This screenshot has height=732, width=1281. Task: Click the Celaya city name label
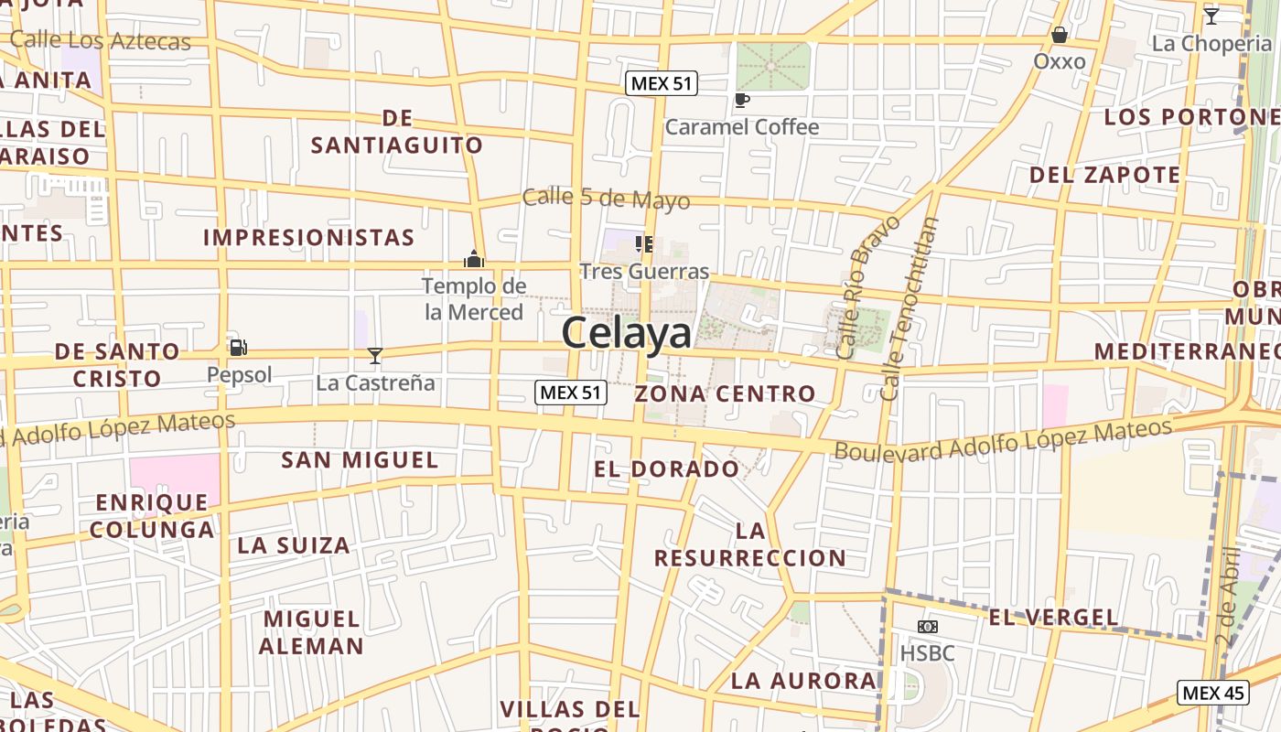(627, 333)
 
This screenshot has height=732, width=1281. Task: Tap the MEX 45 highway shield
(1212, 693)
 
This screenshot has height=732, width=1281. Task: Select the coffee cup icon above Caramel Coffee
(741, 100)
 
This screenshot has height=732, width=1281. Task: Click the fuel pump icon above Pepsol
(238, 348)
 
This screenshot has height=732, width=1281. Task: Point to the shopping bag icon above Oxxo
(1059, 35)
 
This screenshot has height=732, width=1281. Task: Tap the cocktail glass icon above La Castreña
(374, 356)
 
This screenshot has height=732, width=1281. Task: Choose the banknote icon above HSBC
(927, 627)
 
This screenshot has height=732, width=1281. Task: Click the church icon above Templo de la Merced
(473, 259)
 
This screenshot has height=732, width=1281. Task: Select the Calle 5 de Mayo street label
(606, 199)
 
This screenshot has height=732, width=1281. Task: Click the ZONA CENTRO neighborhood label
(725, 394)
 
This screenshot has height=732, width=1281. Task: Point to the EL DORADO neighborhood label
(666, 469)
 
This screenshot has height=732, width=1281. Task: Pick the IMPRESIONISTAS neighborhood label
(308, 238)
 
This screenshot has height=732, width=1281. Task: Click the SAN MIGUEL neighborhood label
(360, 459)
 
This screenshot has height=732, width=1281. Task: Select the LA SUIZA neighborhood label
(294, 546)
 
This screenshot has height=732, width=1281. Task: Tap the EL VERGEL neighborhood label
(1054, 618)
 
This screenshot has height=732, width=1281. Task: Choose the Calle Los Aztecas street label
(100, 40)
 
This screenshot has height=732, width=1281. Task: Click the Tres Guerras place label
(644, 272)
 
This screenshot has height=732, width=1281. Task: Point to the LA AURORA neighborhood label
(804, 681)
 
